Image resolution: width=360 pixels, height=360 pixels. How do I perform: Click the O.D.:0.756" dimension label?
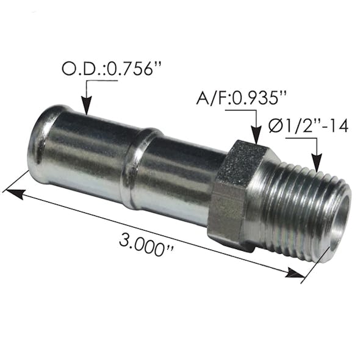pyautogui.click(x=113, y=69)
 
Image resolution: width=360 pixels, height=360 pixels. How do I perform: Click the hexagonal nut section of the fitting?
pyautogui.click(x=235, y=194)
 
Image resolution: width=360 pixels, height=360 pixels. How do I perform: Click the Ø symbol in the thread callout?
pyautogui.click(x=275, y=126)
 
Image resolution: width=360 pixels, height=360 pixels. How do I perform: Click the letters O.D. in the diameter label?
pyautogui.click(x=79, y=69)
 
